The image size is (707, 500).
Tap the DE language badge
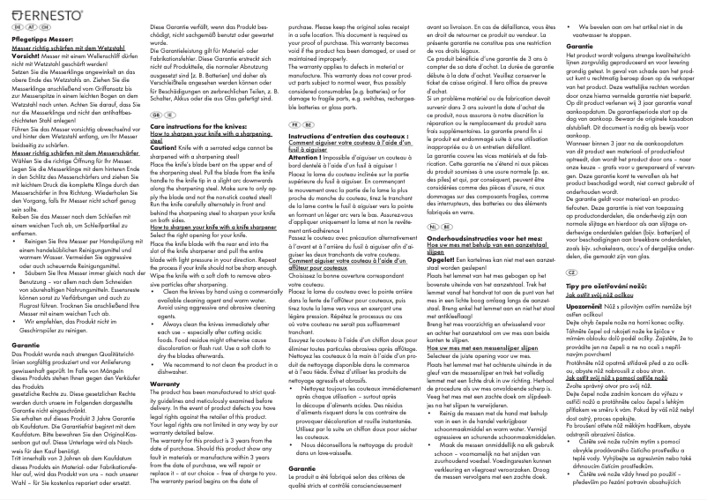[x=19, y=28]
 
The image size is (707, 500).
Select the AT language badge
[x=30, y=28]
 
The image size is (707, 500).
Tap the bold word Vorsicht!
[x=26, y=55]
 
